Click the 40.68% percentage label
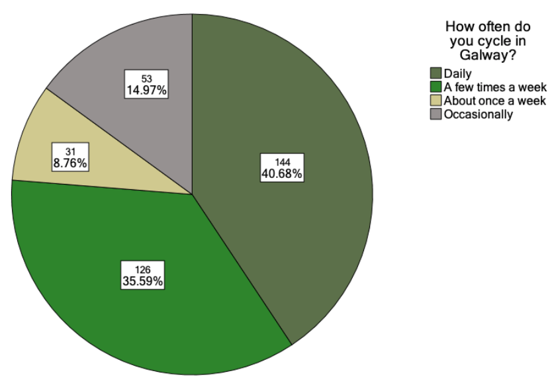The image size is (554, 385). (x=282, y=173)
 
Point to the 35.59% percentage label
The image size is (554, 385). (x=142, y=280)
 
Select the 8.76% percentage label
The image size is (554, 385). (x=69, y=161)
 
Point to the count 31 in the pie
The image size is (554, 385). (x=69, y=150)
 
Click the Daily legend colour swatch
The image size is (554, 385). (x=436, y=73)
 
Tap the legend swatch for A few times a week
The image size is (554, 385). (x=436, y=87)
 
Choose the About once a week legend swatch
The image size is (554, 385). (x=436, y=101)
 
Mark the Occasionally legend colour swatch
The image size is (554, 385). (x=436, y=114)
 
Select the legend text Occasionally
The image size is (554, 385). (x=478, y=114)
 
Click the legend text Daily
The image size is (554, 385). (x=458, y=73)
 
